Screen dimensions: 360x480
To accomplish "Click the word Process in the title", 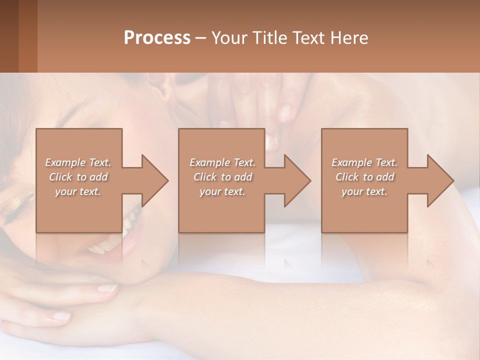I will tap(157, 38).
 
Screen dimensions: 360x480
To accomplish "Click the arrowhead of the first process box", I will tap(155, 180).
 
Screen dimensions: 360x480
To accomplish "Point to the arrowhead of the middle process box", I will tap(297, 180).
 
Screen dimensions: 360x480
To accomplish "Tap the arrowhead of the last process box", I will tap(440, 180).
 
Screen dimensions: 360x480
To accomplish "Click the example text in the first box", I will tap(78, 177).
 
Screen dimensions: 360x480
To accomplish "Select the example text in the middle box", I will tap(222, 177).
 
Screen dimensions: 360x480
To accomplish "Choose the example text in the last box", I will tap(364, 177).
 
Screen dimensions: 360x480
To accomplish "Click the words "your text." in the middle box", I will tap(222, 191).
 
